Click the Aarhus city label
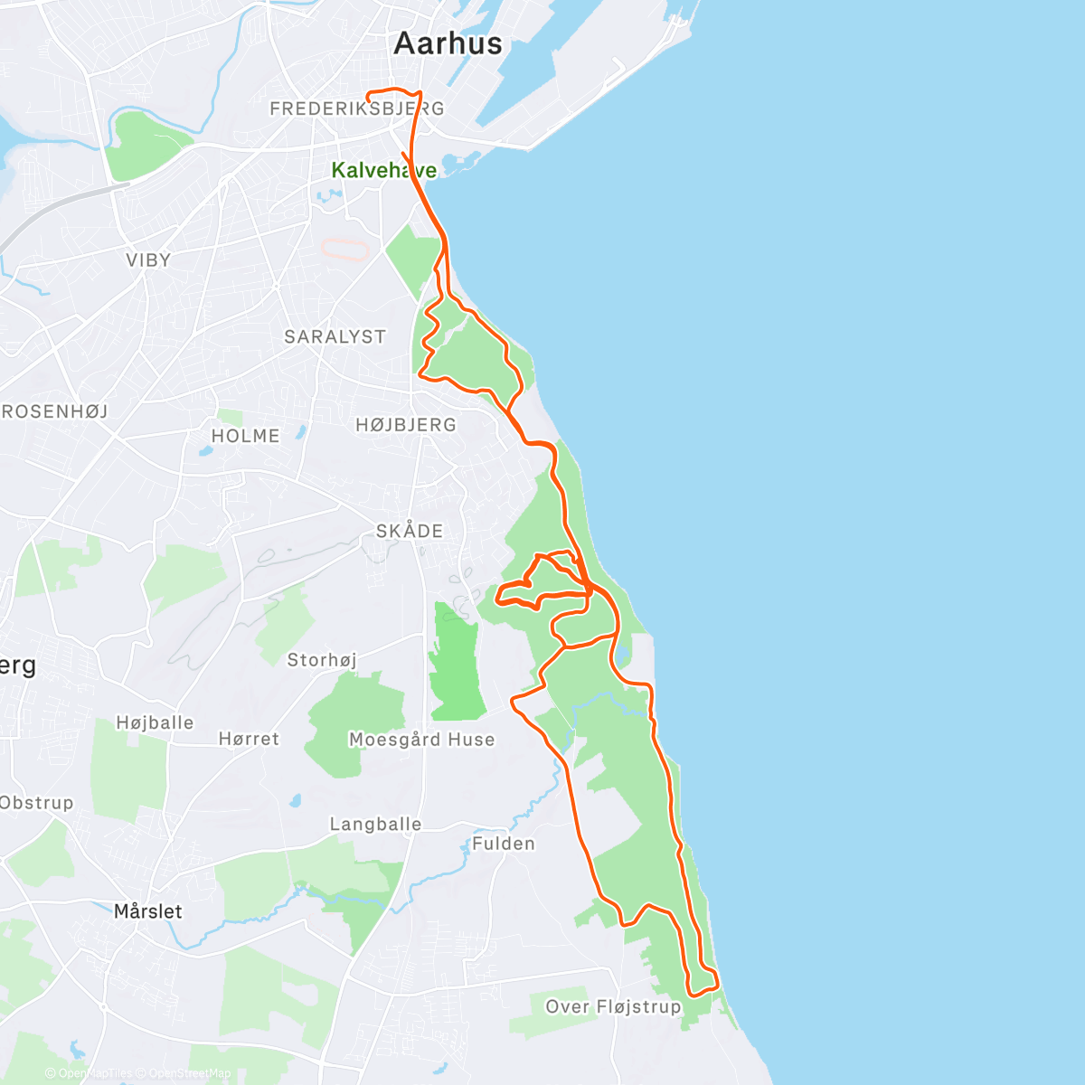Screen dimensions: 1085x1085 (448, 43)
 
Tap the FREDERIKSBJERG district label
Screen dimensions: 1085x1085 (357, 108)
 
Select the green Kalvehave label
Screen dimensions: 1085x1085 (383, 170)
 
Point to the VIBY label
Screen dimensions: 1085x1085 (148, 260)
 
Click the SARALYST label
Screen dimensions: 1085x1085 (335, 336)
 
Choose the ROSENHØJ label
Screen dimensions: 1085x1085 (54, 411)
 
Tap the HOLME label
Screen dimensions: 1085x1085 (245, 436)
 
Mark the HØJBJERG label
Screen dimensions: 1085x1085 (406, 425)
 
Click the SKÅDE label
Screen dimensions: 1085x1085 (410, 531)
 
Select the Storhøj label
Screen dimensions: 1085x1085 (322, 660)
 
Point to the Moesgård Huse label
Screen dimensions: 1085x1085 (421, 740)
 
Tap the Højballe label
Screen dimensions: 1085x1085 (155, 722)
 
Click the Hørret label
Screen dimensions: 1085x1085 (249, 739)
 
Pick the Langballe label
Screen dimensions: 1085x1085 (375, 824)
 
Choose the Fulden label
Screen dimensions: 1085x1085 (504, 844)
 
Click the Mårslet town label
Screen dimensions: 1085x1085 (148, 911)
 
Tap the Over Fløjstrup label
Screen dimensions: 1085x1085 (613, 1006)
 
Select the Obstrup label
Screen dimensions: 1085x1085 (36, 803)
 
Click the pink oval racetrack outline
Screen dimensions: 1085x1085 (346, 249)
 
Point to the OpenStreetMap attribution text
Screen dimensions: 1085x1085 (184, 1073)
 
